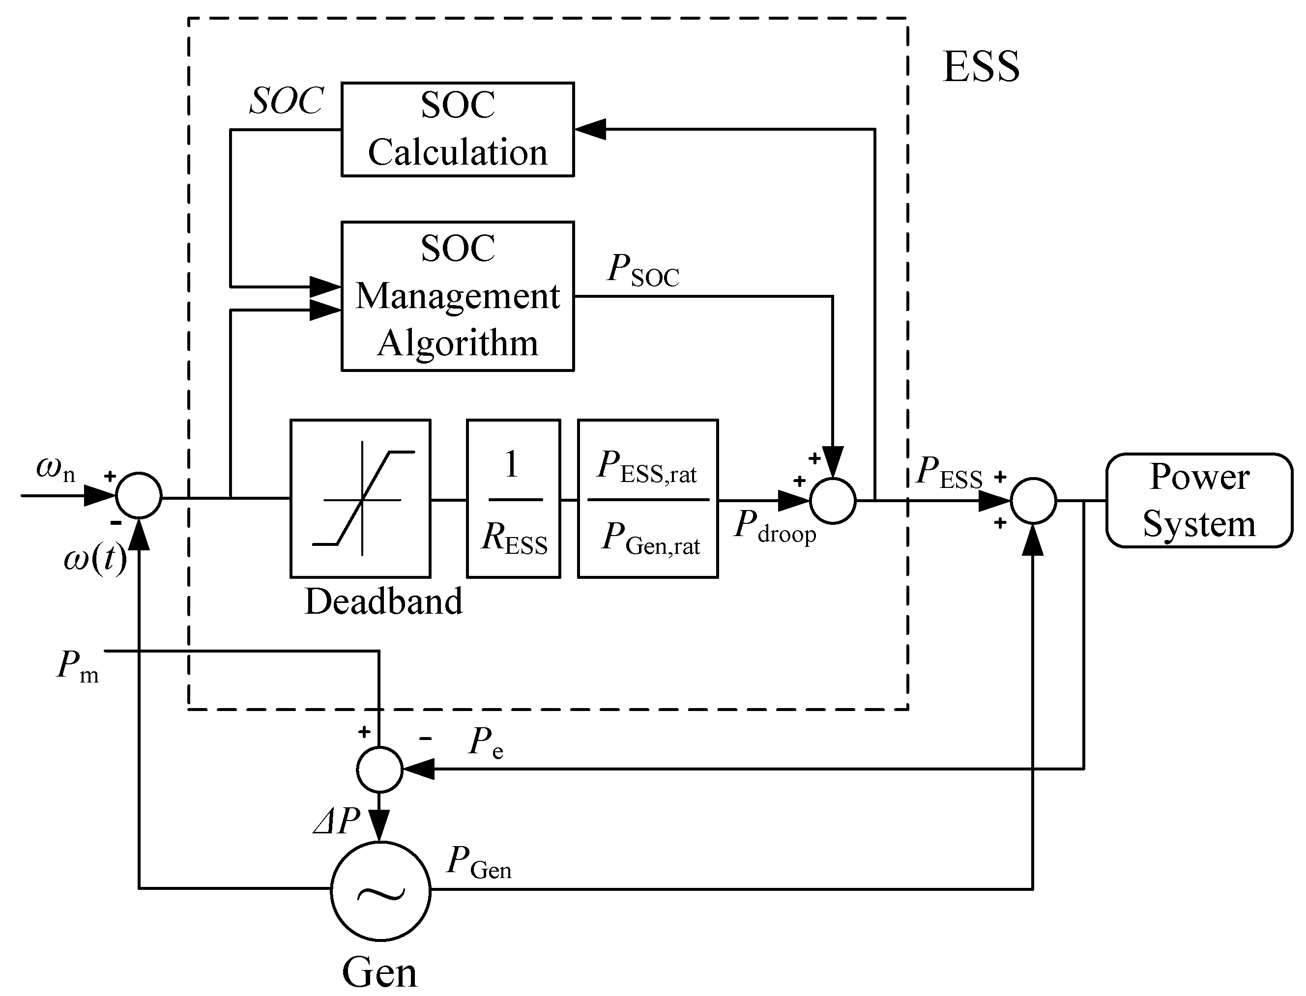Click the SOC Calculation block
pos(457,129)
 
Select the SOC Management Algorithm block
pos(457,296)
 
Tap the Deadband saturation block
pos(360,499)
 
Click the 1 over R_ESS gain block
pos(513,499)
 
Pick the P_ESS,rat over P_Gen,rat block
pos(648,499)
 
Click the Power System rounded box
pos(1199,500)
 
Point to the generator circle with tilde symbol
pos(380,891)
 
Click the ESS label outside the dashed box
pos(981,66)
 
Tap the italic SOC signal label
pos(286,101)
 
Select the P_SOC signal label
pos(643,270)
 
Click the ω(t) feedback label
pos(95,559)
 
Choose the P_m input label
pos(78,666)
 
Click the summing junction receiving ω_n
pos(138,496)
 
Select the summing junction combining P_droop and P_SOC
pos(833,501)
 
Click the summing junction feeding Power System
pos(1033,501)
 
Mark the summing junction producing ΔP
pos(379,769)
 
